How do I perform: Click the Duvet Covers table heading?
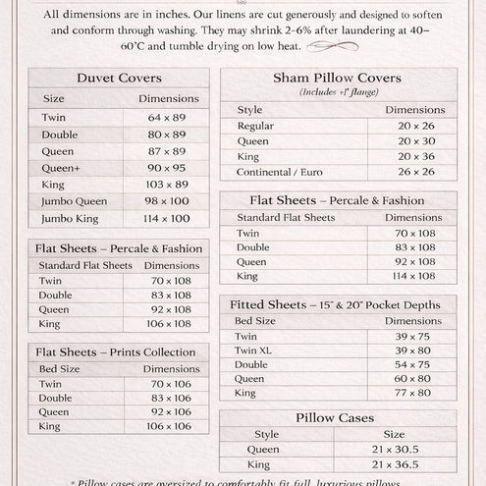119,79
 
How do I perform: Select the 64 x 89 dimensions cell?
167,117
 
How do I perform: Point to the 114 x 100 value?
167,218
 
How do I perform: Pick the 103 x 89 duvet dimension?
167,184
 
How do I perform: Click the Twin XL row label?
258,350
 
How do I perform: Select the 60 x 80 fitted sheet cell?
412,378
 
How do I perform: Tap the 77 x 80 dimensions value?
412,393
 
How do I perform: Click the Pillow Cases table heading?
336,418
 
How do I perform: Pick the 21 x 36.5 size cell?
394,464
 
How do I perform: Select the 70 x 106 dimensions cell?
171,384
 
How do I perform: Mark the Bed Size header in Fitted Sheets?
255,321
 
